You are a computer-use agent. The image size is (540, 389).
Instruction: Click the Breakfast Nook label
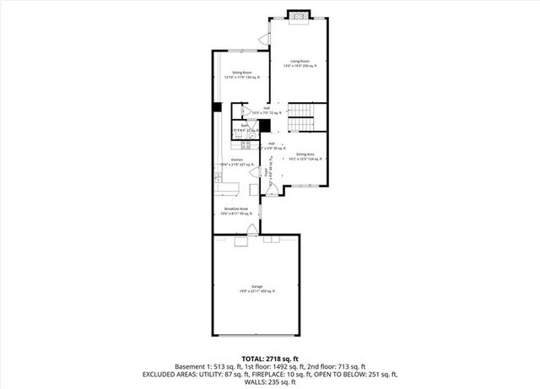coord(235,211)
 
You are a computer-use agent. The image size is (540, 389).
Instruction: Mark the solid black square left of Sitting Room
coord(217,107)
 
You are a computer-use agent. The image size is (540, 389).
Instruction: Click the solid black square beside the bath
coord(264,127)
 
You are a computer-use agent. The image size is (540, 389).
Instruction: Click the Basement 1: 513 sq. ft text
coord(207,365)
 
